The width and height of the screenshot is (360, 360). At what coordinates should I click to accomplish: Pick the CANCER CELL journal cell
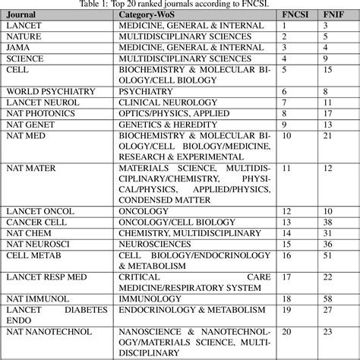click(x=32, y=222)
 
